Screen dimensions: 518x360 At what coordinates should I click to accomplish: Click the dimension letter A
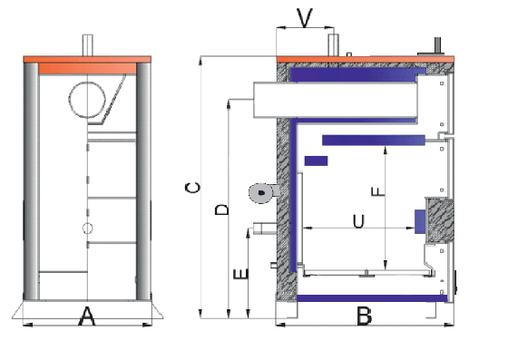click(x=87, y=316)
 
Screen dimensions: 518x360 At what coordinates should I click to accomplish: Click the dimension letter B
click(x=365, y=316)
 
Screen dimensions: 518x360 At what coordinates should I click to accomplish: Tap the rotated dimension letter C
click(x=192, y=188)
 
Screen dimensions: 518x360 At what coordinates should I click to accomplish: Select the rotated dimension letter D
click(x=221, y=209)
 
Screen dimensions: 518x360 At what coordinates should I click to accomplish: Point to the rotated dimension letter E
click(x=240, y=274)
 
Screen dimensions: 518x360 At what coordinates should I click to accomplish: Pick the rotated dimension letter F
click(x=378, y=191)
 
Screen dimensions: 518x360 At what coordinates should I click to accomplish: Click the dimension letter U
click(x=358, y=221)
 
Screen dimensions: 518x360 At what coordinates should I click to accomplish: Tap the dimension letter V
click(x=305, y=18)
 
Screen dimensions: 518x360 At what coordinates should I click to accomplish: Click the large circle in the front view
click(x=87, y=100)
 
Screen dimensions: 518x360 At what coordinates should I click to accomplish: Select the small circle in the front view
click(x=88, y=229)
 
